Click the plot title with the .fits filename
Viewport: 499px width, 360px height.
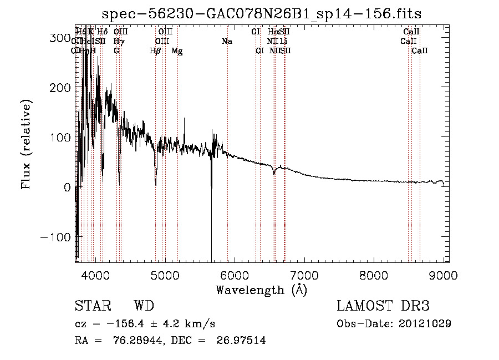tap(262, 14)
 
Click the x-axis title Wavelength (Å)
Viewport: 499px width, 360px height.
tap(261, 290)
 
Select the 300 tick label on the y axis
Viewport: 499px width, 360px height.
tap(59, 38)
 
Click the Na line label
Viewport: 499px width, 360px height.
tap(226, 41)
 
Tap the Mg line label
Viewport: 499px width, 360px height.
tap(177, 51)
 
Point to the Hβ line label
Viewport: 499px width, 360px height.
tap(155, 51)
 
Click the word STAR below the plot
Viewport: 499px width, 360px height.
tap(92, 306)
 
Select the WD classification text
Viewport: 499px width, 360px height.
tap(144, 306)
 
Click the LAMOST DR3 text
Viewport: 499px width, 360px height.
tap(383, 306)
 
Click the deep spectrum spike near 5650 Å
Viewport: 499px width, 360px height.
tap(211, 222)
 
